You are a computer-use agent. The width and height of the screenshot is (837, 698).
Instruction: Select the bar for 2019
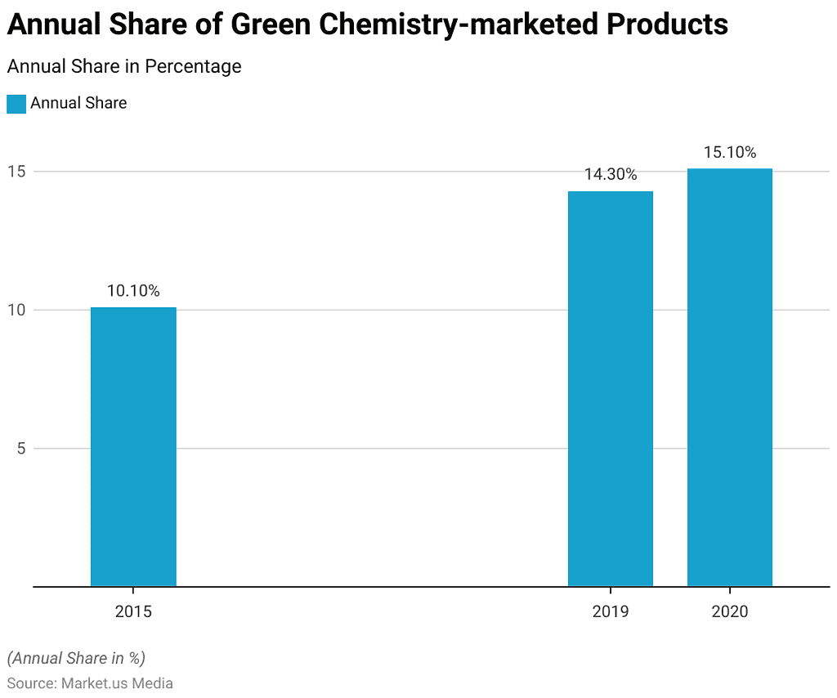click(611, 389)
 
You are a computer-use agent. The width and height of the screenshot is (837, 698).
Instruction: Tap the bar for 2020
click(729, 378)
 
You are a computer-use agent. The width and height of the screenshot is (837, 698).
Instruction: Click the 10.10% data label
click(133, 291)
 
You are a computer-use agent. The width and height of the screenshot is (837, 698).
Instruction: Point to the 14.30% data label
click(611, 174)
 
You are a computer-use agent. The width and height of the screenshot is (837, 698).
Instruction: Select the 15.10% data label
click(729, 152)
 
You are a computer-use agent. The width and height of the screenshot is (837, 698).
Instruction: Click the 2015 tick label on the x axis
click(133, 611)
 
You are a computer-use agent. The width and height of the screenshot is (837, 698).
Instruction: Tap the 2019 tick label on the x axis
click(611, 611)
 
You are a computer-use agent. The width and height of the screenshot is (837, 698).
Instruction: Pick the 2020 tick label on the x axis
click(729, 611)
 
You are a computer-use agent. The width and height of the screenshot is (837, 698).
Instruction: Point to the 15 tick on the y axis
click(18, 172)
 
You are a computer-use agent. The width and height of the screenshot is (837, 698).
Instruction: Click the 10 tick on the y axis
click(18, 310)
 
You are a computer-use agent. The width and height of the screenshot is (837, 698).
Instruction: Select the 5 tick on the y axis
click(22, 448)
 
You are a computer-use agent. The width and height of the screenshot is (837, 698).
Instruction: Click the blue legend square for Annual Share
click(16, 104)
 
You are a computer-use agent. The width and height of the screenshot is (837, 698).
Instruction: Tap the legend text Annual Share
click(78, 103)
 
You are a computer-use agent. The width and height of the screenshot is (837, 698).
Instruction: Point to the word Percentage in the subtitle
click(192, 66)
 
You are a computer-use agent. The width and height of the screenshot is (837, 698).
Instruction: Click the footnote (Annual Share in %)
click(76, 658)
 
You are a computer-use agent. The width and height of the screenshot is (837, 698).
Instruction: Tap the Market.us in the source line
click(92, 683)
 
